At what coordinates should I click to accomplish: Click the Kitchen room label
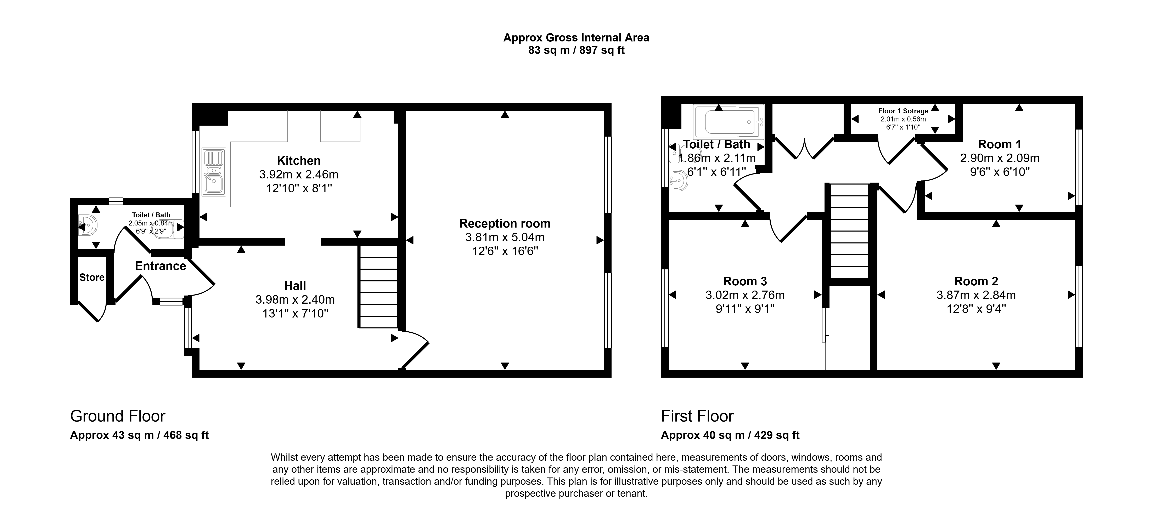click(299, 161)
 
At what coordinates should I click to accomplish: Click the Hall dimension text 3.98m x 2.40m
click(295, 300)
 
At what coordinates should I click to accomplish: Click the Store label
click(92, 277)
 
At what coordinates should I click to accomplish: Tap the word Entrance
click(160, 266)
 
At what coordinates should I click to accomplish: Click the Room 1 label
click(1000, 144)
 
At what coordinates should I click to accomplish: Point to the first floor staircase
click(850, 231)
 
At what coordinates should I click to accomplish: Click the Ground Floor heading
click(118, 417)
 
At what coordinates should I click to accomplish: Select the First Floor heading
click(697, 417)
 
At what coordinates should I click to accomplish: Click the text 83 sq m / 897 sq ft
click(576, 50)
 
